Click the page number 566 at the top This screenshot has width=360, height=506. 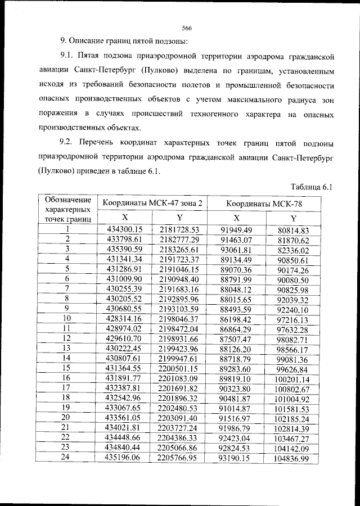(187, 28)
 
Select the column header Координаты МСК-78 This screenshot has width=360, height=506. (264, 204)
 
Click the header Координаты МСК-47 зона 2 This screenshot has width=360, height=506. (151, 203)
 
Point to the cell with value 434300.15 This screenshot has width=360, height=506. (125, 229)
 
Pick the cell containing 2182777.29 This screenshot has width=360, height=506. (179, 240)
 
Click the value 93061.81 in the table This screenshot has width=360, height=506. (236, 250)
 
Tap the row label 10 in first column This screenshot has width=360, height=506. (67, 318)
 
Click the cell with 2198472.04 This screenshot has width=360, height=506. (179, 328)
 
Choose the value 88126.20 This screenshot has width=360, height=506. (236, 347)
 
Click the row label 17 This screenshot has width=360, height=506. (67, 387)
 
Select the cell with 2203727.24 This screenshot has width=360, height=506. (179, 427)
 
